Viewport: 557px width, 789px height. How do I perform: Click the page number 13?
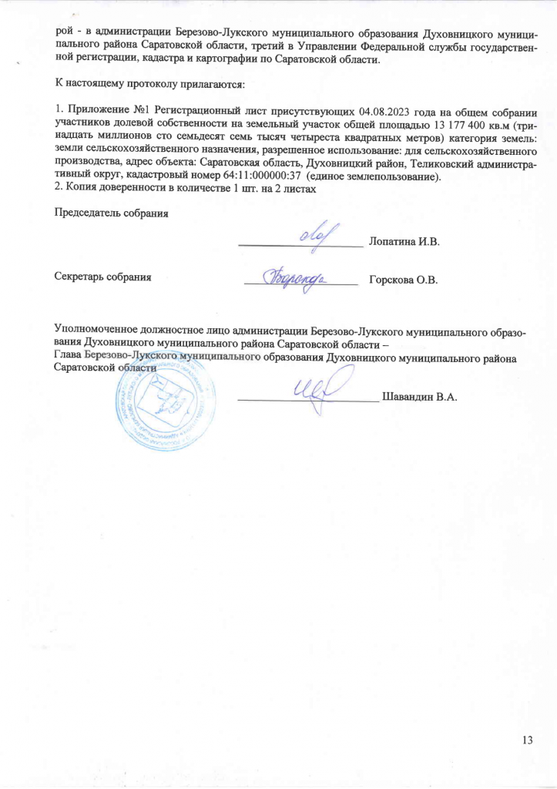(x=528, y=740)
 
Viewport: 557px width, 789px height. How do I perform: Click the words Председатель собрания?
(x=109, y=213)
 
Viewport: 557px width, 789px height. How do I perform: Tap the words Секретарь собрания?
(x=102, y=276)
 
